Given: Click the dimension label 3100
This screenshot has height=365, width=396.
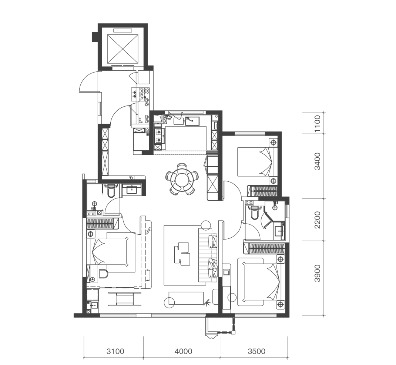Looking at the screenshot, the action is pyautogui.click(x=115, y=351).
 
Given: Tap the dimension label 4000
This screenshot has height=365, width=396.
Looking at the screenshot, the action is pyautogui.click(x=183, y=351).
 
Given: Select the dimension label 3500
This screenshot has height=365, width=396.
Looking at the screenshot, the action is pyautogui.click(x=256, y=351).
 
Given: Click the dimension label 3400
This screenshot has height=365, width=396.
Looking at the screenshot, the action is pyautogui.click(x=318, y=161).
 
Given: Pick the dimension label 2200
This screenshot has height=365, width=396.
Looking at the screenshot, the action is pyautogui.click(x=318, y=220).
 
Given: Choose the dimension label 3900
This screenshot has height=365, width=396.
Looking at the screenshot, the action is pyautogui.click(x=318, y=273).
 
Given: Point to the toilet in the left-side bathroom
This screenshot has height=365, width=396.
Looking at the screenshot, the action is pyautogui.click(x=111, y=192).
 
